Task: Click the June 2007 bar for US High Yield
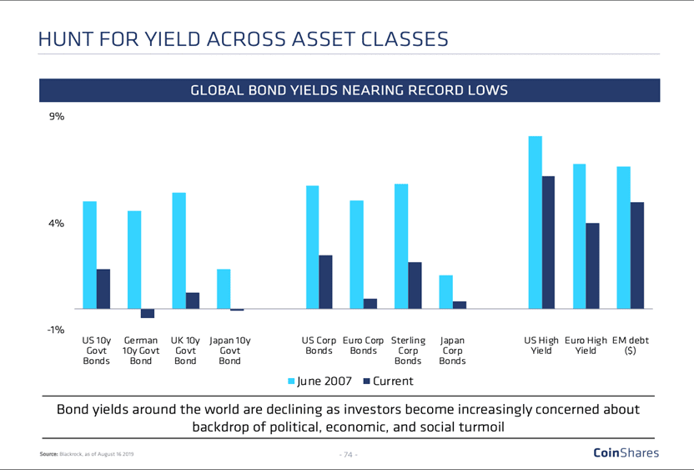click(536, 222)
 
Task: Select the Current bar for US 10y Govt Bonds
click(103, 289)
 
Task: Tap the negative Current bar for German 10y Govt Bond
click(148, 313)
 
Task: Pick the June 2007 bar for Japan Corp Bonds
click(446, 292)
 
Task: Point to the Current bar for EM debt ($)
click(636, 255)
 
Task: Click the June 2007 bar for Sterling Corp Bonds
click(401, 246)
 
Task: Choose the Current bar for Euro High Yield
click(592, 265)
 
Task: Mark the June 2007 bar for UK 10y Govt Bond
click(179, 250)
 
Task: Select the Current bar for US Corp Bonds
click(325, 282)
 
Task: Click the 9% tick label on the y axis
click(57, 117)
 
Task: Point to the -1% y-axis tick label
click(56, 330)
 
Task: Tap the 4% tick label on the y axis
click(57, 224)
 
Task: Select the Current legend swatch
click(366, 382)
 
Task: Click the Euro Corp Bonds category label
click(364, 346)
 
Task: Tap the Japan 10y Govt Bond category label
click(229, 351)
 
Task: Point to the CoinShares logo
click(625, 453)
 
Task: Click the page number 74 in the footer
click(348, 455)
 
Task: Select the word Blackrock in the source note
click(70, 455)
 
